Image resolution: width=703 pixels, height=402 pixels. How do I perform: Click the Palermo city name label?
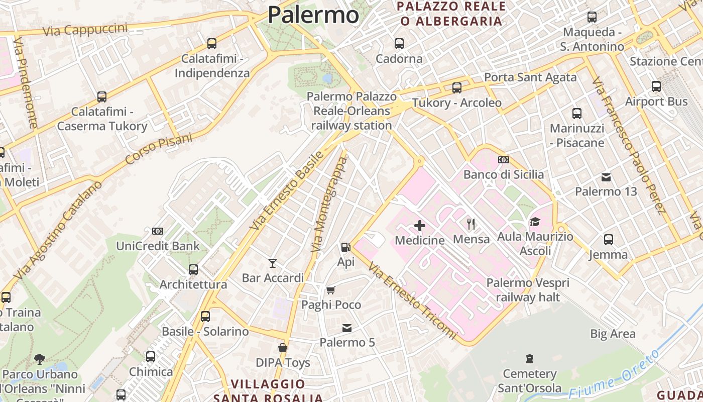(x=313, y=15)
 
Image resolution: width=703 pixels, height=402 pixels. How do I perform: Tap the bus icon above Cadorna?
(x=399, y=44)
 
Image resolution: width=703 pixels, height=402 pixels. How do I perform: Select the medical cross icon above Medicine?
(x=420, y=226)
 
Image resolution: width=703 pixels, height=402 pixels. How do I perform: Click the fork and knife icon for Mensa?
(x=471, y=224)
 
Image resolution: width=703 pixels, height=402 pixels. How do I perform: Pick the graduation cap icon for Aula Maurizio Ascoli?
(x=535, y=222)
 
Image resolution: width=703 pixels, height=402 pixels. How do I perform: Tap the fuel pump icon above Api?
(x=345, y=247)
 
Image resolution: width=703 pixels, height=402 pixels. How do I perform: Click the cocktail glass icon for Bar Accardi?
(x=273, y=263)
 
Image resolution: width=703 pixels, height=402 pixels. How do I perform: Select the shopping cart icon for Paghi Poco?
(x=331, y=290)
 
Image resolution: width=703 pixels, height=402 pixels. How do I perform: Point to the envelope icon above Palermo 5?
(x=347, y=328)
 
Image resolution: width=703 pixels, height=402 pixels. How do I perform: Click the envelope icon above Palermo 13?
(x=606, y=177)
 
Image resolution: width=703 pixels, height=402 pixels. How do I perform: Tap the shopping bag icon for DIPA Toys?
(x=283, y=348)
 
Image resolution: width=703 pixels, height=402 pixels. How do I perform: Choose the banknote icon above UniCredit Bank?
(x=158, y=231)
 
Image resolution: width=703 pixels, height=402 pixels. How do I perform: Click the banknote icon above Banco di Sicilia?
(x=503, y=160)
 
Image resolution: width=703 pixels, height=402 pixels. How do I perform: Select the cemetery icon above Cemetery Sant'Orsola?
(x=529, y=359)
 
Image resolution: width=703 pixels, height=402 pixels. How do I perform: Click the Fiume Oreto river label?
(x=614, y=374)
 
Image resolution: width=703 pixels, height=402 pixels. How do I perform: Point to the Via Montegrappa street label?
(x=329, y=205)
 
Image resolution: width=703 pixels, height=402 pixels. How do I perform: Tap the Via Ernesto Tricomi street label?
(x=412, y=300)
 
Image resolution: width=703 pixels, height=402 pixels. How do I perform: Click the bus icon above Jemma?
(x=609, y=240)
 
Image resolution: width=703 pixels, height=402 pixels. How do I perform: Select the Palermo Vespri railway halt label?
(x=528, y=290)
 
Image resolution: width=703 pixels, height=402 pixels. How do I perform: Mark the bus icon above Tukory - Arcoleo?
(x=457, y=88)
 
